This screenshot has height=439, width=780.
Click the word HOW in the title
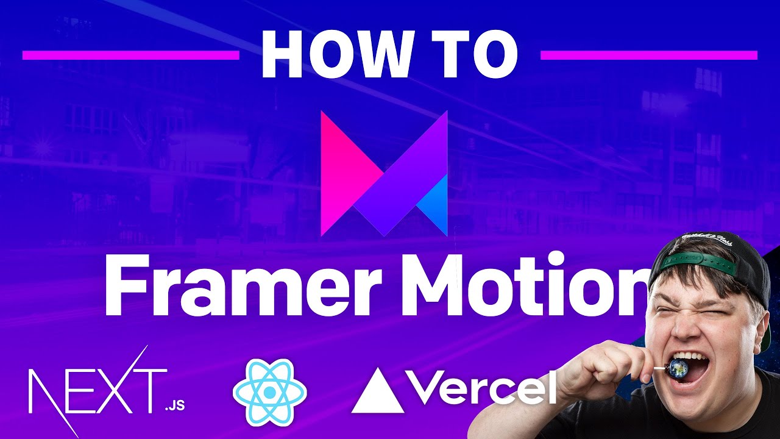(x=335, y=55)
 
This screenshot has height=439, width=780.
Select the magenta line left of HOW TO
(x=131, y=55)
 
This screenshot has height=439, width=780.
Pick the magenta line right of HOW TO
(x=649, y=55)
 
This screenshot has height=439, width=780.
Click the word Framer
(x=243, y=286)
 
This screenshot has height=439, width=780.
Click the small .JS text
(x=174, y=406)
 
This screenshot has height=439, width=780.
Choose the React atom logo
(x=270, y=393)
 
